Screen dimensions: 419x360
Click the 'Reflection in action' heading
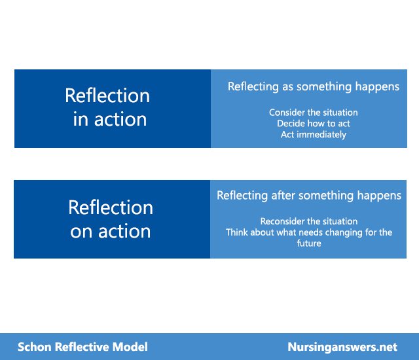click(107, 107)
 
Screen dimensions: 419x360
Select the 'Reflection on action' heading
click(111, 219)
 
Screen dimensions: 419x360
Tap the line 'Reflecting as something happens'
click(314, 87)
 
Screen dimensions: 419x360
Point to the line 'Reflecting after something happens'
click(309, 196)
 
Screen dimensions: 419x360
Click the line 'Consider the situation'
click(314, 113)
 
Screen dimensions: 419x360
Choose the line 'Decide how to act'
click(314, 124)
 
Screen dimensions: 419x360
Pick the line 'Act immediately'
click(314, 135)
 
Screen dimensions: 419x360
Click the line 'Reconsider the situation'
click(309, 221)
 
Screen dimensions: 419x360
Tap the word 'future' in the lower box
click(309, 243)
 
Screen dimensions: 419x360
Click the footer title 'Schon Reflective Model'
click(82, 347)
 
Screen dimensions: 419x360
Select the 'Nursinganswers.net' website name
click(342, 347)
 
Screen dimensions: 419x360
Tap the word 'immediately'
click(321, 135)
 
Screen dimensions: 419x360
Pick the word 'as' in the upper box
click(288, 87)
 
